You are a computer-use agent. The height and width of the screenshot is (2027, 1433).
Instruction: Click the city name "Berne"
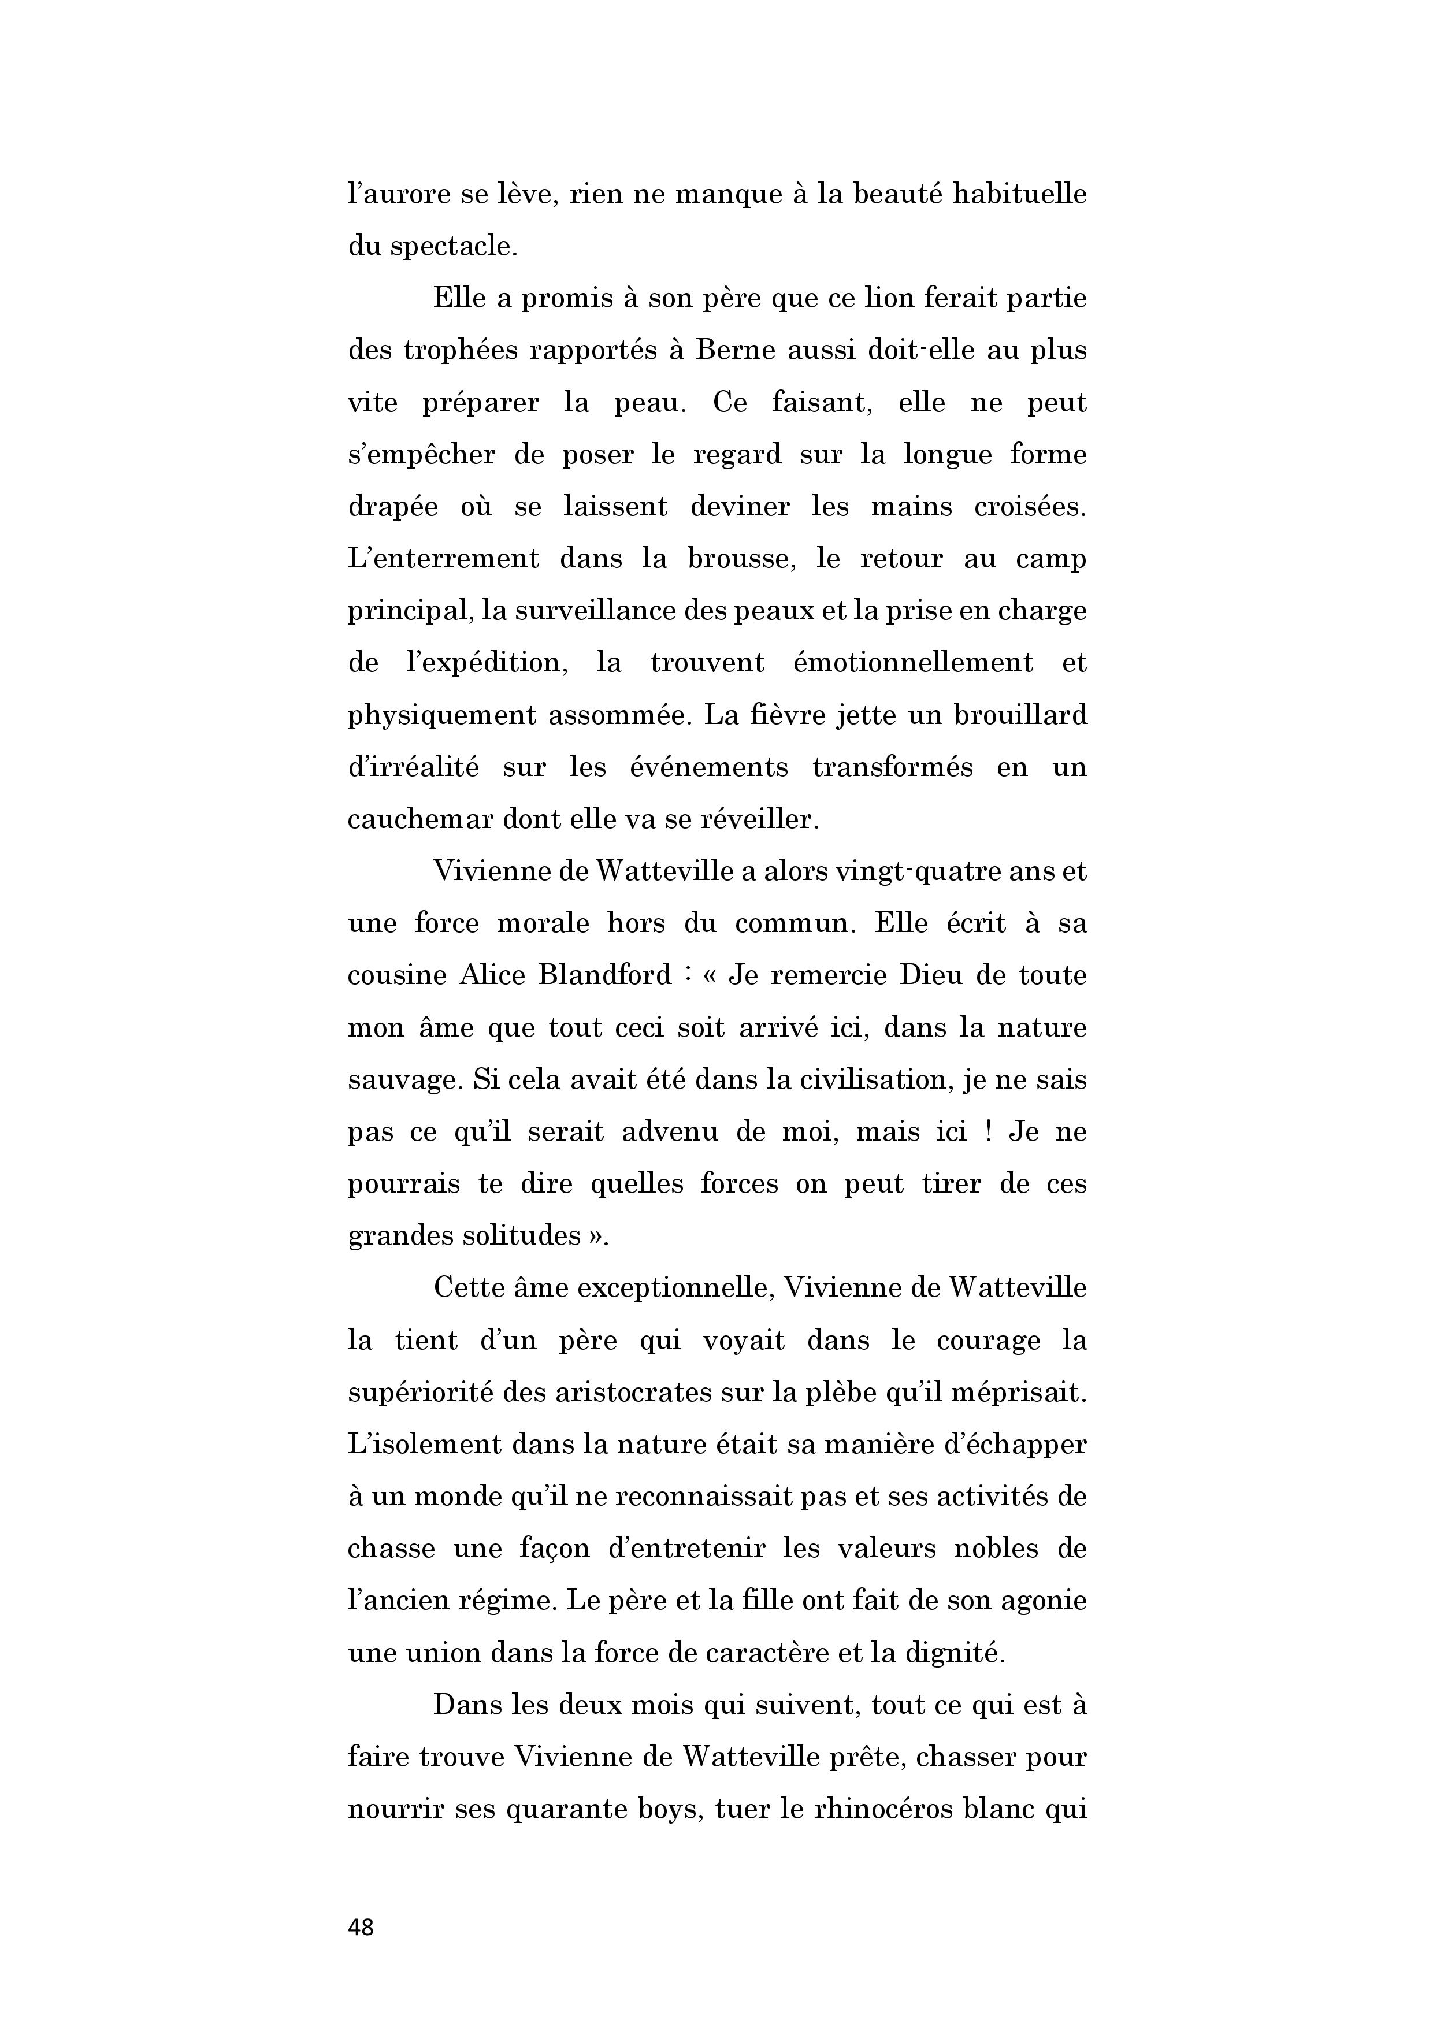(x=736, y=351)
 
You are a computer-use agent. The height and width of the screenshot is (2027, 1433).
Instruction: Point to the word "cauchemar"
(x=419, y=819)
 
